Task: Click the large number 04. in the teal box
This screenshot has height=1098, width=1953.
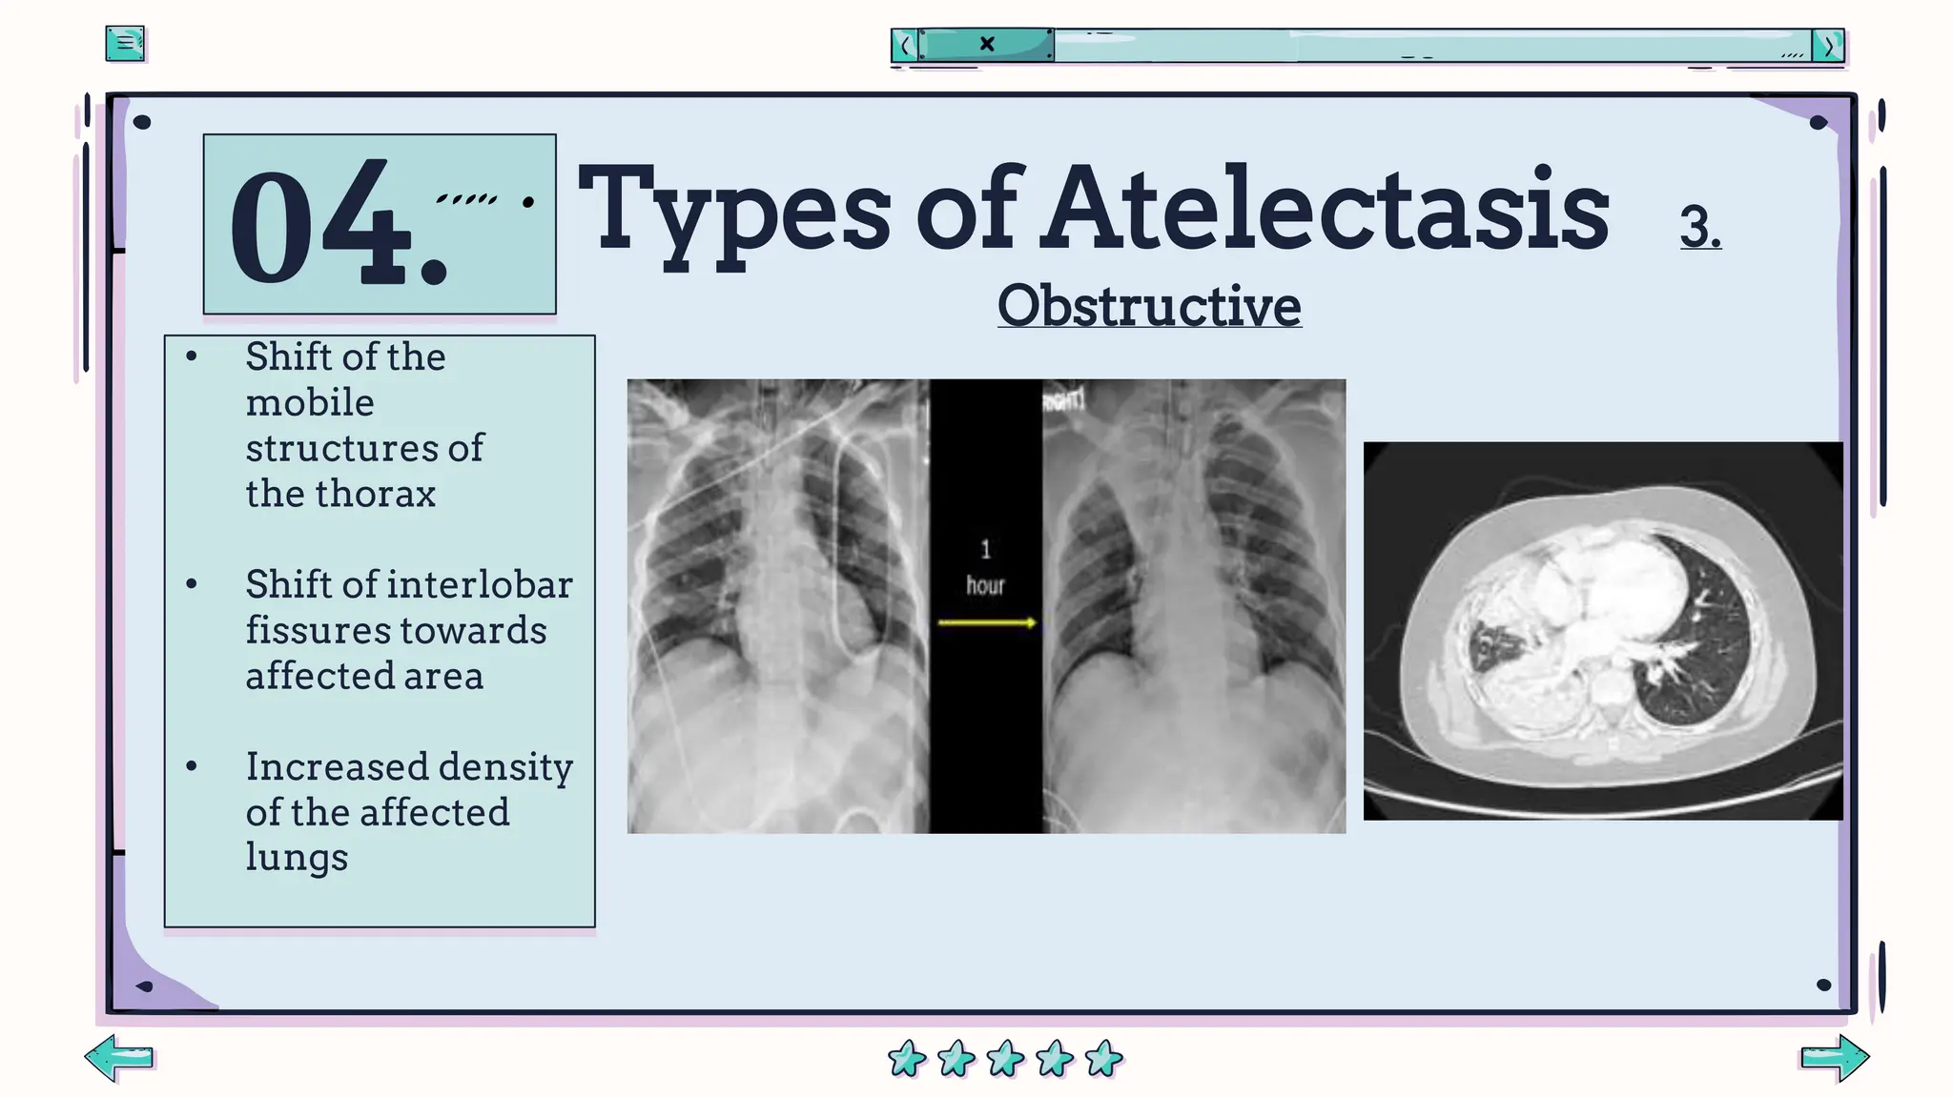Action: tap(339, 227)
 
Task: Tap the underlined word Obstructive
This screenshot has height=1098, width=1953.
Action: tap(1149, 306)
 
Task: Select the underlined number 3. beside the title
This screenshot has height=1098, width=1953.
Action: tap(1700, 227)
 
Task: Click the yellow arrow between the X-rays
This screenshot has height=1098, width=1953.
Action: tap(986, 622)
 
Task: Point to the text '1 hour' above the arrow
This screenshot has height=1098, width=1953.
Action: tap(985, 568)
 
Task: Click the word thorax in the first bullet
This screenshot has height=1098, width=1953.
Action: tap(376, 494)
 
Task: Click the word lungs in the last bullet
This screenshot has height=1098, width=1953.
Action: tap(297, 856)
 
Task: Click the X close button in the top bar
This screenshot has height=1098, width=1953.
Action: tap(987, 44)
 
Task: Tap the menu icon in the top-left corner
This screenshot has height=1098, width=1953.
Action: tap(125, 43)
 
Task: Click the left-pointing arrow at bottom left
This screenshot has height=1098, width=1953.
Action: tap(119, 1057)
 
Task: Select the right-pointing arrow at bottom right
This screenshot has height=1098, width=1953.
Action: tap(1835, 1057)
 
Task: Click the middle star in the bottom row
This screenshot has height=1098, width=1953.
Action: tap(1005, 1058)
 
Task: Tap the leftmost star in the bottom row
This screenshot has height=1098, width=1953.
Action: tap(906, 1058)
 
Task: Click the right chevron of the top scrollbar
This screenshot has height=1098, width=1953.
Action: tap(1828, 45)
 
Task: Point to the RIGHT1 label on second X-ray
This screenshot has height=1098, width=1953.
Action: tap(1064, 399)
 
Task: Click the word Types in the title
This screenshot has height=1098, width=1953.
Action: tap(734, 210)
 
